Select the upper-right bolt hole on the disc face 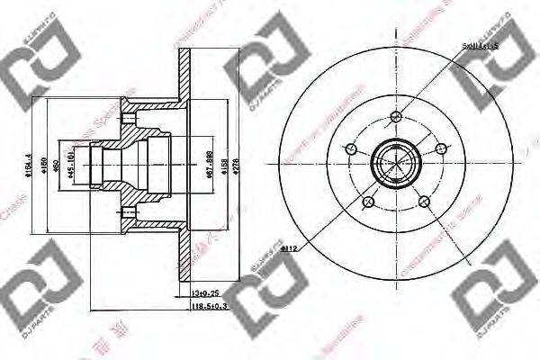[439, 149]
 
